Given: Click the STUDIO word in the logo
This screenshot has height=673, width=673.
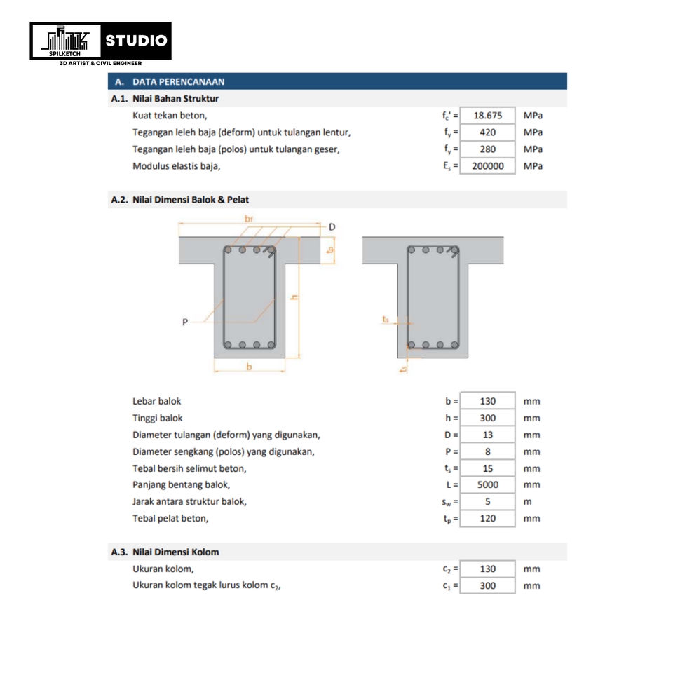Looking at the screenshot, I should coord(136,40).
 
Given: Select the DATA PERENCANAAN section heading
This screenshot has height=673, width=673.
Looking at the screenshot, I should coord(178,81).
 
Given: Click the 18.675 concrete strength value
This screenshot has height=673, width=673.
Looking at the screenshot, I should coord(488,116).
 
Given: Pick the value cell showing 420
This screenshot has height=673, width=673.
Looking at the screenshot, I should coord(488,132).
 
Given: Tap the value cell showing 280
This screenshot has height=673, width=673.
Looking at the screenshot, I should coord(488,149).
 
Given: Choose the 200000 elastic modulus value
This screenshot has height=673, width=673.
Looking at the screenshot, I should coord(488,166).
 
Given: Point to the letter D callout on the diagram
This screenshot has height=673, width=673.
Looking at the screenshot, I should coord(332,227).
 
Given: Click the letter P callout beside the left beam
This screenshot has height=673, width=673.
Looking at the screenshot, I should coord(184,322).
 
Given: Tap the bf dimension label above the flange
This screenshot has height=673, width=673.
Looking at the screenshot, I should coord(249,219).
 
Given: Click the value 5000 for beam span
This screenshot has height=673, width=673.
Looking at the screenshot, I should coord(488,485).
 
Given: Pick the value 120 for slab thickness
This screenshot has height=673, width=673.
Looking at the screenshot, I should coord(488,519).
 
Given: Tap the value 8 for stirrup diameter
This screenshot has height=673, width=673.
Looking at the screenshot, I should coord(488,452).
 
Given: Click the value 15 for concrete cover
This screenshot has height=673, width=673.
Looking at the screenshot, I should coord(488,468).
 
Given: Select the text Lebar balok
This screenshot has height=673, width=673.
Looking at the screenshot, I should coord(157,402).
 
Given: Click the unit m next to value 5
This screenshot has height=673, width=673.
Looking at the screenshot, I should coord(527,502).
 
